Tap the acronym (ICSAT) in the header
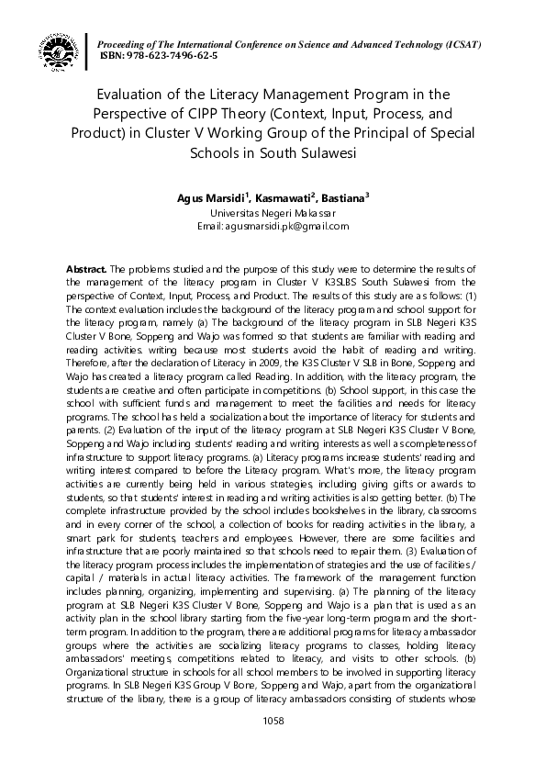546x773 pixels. point(462,45)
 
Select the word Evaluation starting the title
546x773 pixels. point(135,94)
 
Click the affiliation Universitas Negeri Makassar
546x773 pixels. point(273,212)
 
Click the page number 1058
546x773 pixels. point(273,721)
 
